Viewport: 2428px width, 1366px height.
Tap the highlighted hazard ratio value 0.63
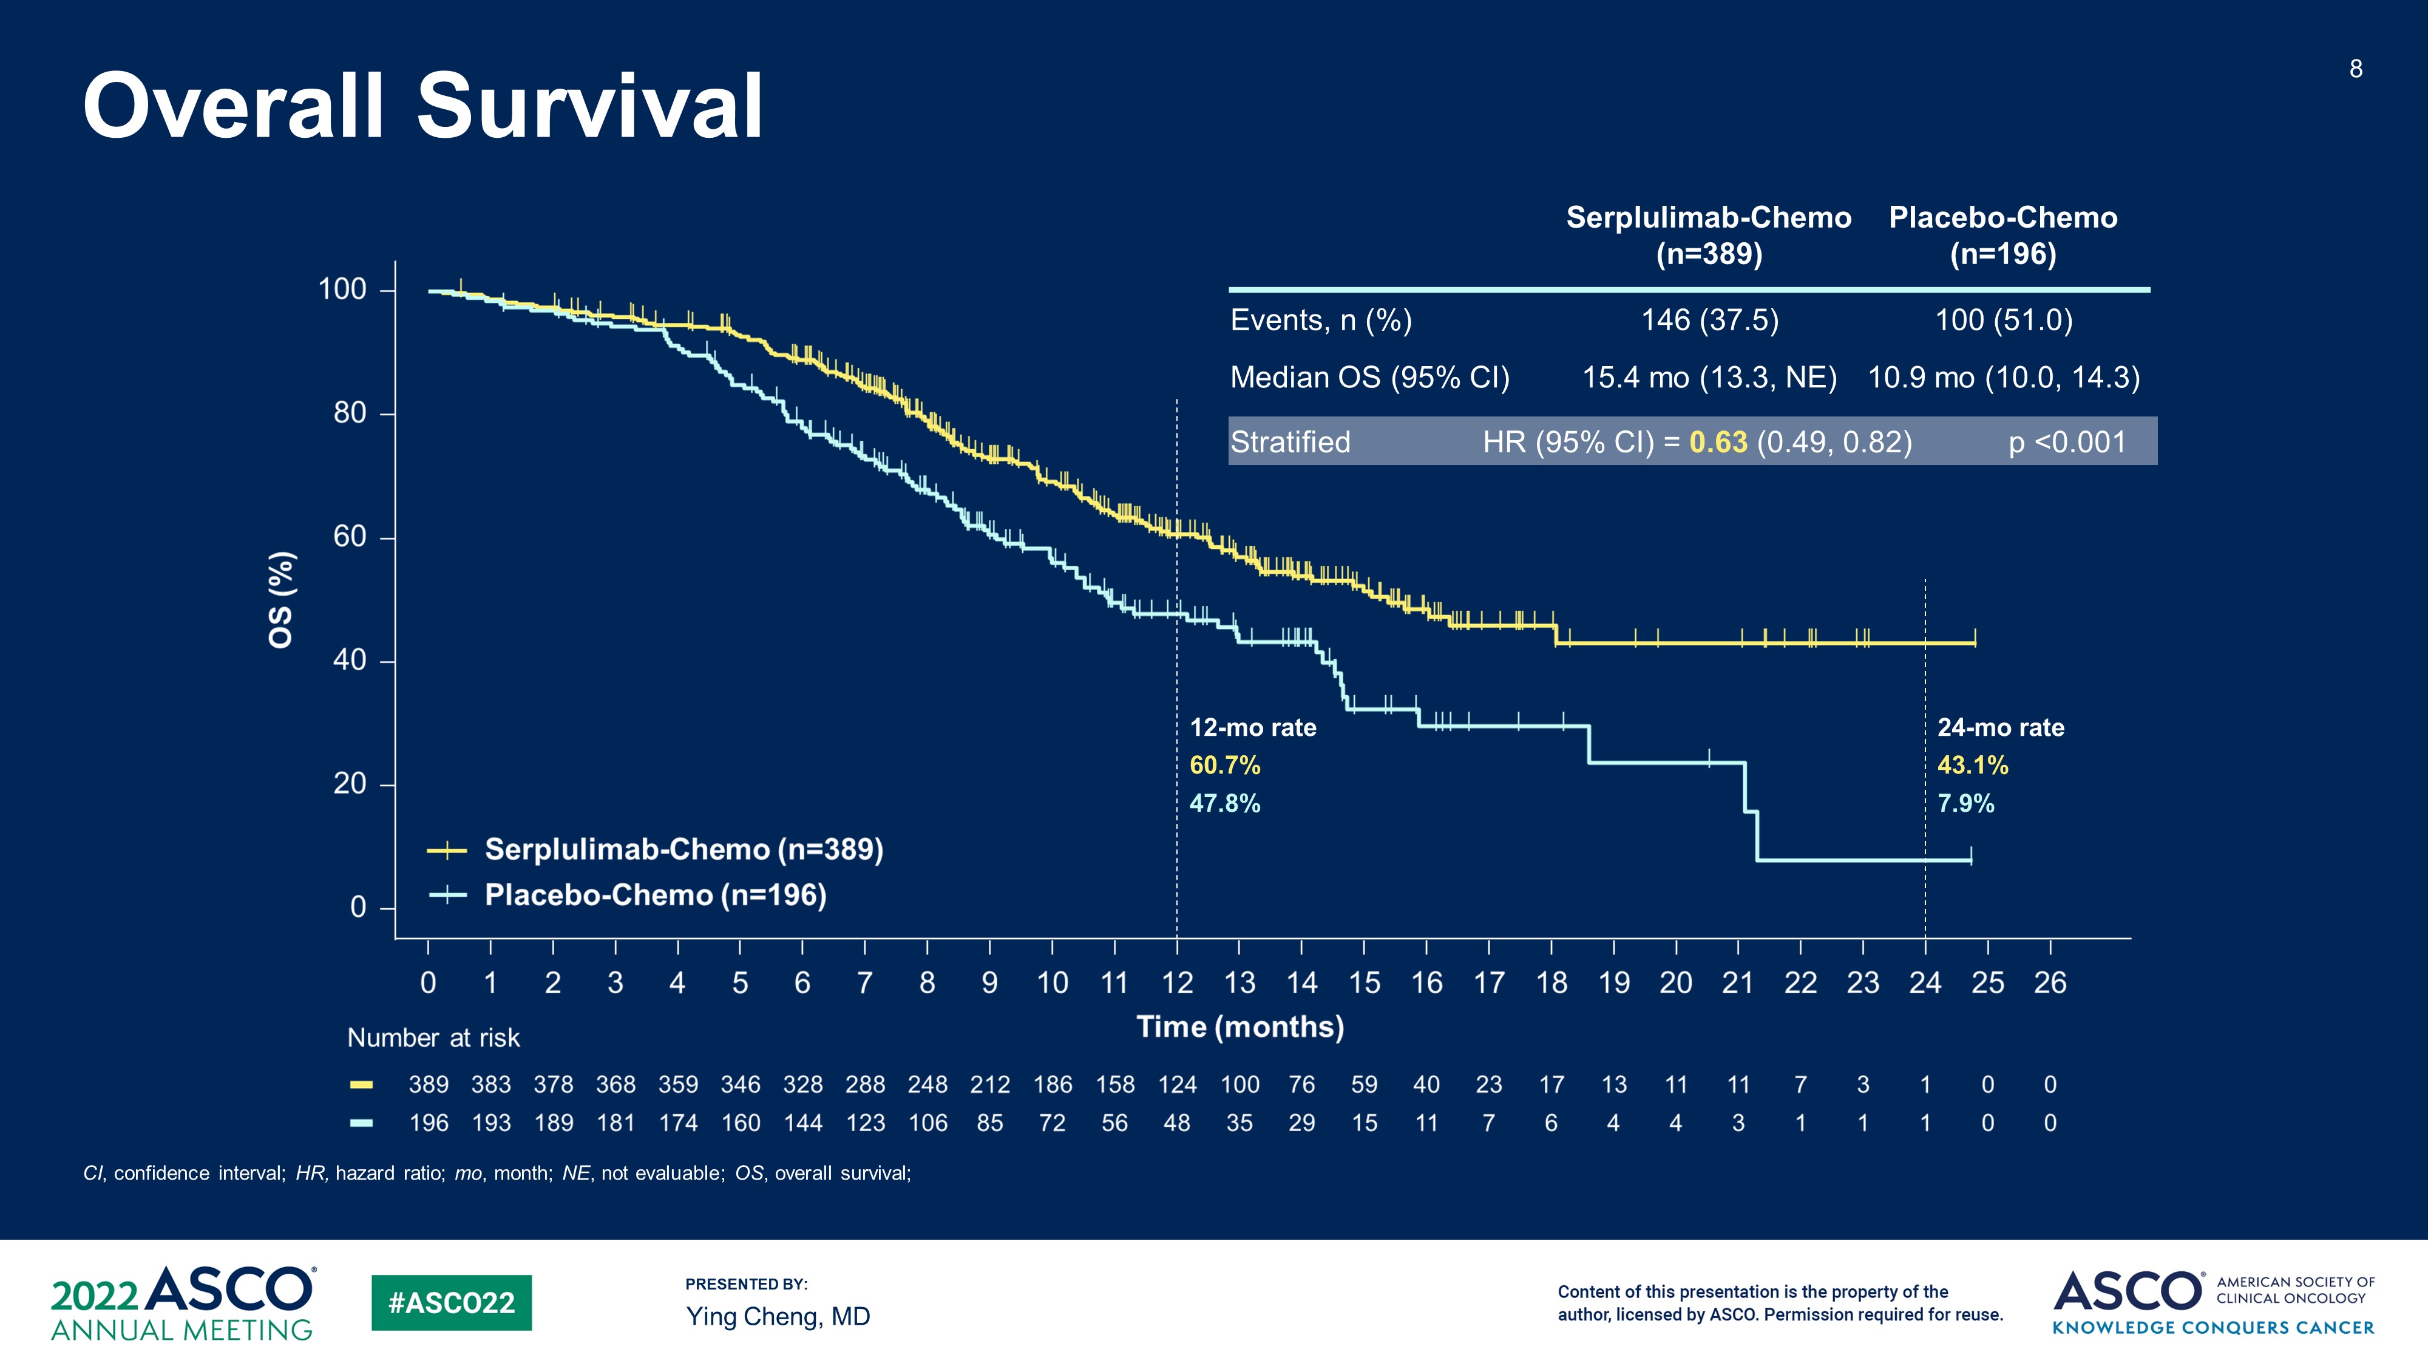(x=1717, y=442)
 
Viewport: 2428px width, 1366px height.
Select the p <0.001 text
(x=2066, y=442)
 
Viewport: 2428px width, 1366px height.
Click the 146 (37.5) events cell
(x=1710, y=321)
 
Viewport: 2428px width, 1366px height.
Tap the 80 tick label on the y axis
(x=350, y=413)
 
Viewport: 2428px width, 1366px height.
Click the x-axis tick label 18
(x=1550, y=984)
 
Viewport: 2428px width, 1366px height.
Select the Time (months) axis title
(x=1239, y=1027)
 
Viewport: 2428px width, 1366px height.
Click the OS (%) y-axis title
(x=281, y=600)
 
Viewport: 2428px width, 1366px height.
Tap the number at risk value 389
(x=428, y=1085)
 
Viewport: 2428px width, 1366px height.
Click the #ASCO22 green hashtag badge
(x=452, y=1303)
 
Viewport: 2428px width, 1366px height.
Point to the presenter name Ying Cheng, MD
(x=778, y=1316)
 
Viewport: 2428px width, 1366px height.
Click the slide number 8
(x=2355, y=69)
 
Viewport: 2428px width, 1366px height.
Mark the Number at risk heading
(x=433, y=1038)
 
